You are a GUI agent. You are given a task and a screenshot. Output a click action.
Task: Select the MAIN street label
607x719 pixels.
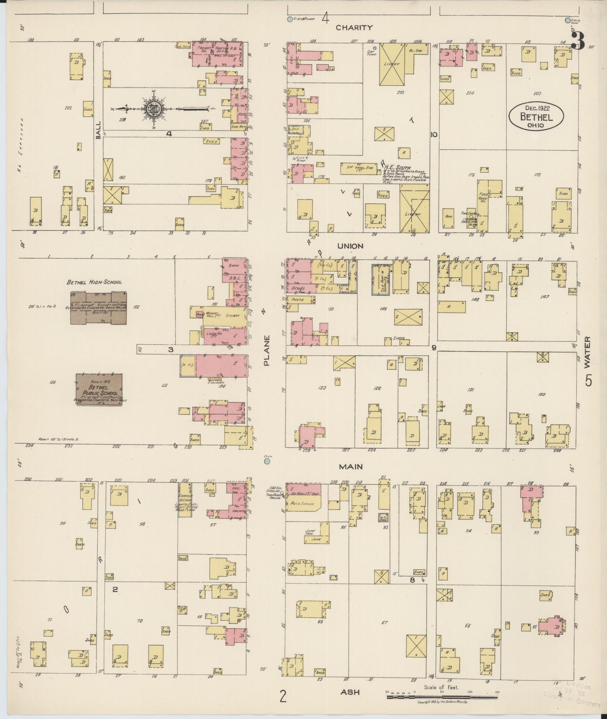click(x=351, y=466)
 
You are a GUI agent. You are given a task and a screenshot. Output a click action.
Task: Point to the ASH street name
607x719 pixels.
click(x=350, y=692)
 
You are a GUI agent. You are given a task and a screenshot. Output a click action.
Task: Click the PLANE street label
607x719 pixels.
click(x=267, y=350)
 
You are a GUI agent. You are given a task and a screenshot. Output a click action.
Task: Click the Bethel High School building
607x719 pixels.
click(x=98, y=307)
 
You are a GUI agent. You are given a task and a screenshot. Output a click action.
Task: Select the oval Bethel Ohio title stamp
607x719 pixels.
click(x=536, y=117)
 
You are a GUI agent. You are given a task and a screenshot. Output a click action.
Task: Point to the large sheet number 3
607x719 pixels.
click(x=577, y=40)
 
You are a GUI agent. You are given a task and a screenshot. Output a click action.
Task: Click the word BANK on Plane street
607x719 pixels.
click(x=234, y=266)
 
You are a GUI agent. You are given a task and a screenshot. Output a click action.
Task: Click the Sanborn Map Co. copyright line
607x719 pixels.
click(x=442, y=701)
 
